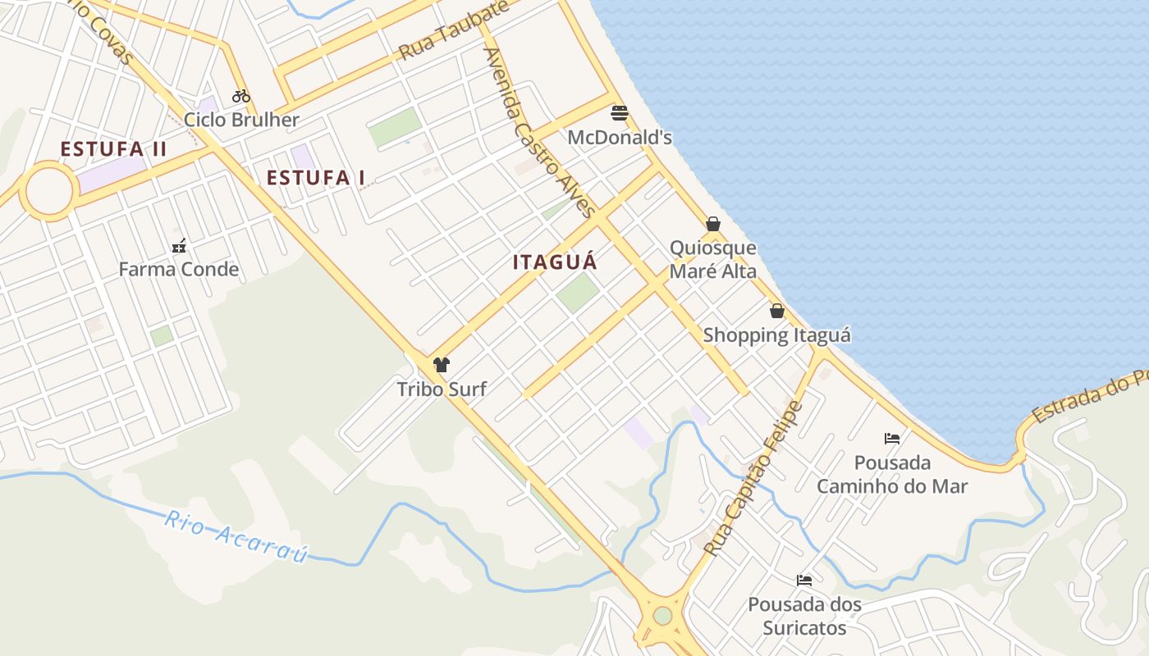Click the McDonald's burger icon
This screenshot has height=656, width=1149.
click(x=620, y=112)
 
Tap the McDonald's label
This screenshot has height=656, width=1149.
click(x=620, y=138)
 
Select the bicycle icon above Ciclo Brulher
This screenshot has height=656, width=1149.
click(x=240, y=96)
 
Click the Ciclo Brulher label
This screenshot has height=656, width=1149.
click(x=241, y=120)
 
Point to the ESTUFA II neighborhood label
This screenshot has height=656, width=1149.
click(x=113, y=149)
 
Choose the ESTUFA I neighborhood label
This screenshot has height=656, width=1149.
click(x=316, y=177)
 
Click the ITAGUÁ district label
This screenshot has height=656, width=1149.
click(x=555, y=262)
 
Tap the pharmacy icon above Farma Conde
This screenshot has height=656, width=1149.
click(x=179, y=245)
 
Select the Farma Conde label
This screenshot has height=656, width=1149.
click(x=179, y=269)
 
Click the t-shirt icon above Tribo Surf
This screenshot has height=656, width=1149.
click(x=442, y=365)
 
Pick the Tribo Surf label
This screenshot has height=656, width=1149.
click(x=442, y=389)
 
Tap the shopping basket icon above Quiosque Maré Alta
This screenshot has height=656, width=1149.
click(x=713, y=224)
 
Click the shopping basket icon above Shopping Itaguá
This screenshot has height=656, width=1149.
click(x=776, y=311)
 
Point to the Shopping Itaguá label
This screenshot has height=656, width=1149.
click(x=776, y=335)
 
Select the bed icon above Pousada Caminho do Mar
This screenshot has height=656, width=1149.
click(x=892, y=439)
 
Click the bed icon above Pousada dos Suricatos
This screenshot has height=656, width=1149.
click(x=804, y=581)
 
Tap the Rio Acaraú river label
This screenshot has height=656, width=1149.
click(x=236, y=537)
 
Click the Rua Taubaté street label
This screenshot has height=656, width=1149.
click(x=454, y=30)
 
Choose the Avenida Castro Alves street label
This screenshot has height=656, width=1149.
click(x=539, y=132)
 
